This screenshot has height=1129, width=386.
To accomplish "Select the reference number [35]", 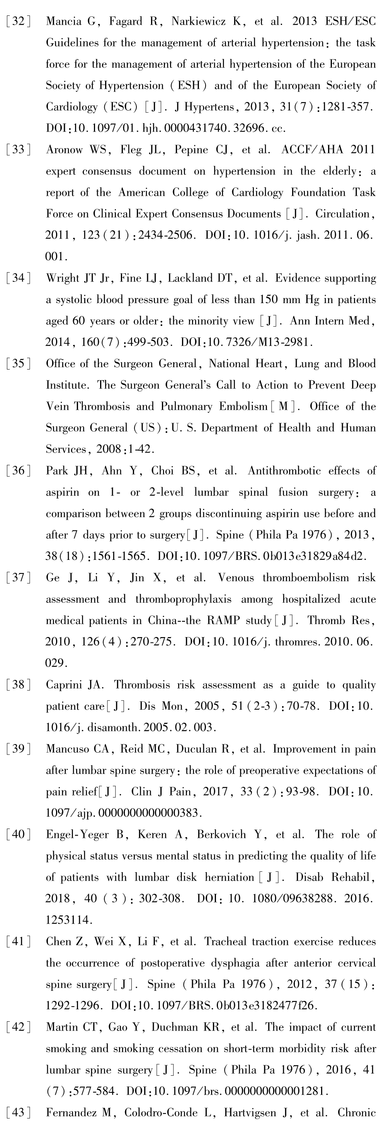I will tap(18, 364).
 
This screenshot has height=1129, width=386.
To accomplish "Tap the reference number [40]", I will tap(18, 834).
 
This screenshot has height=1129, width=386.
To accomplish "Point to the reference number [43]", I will tap(18, 1112).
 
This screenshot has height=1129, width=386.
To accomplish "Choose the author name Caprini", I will tap(64, 685).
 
